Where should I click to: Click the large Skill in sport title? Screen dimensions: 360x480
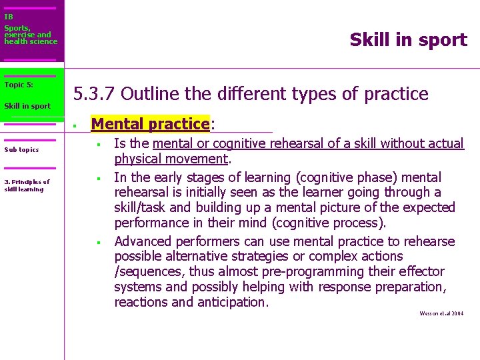pos(408,40)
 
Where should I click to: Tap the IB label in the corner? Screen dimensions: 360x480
pos(8,17)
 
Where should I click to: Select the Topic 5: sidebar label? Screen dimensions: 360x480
pos(19,85)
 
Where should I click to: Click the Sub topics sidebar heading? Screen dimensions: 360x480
pos(21,149)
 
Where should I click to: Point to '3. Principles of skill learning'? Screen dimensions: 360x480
pos(27,185)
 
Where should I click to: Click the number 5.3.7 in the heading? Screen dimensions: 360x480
pos(94,94)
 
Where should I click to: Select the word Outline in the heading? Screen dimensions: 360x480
pos(150,94)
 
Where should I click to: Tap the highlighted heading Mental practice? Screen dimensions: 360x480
pos(150,124)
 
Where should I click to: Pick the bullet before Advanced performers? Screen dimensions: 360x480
pos(97,242)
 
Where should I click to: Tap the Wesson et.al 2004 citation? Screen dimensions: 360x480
pos(441,313)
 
